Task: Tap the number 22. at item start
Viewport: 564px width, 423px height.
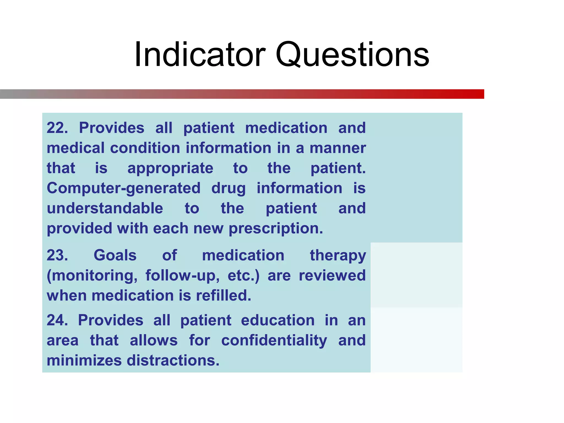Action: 57,128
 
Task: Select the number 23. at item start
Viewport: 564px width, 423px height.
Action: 57,255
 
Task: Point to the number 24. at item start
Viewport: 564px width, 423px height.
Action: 57,320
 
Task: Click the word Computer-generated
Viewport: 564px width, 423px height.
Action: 124,189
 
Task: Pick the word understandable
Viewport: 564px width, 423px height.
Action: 105,208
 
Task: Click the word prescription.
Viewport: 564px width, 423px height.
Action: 276,229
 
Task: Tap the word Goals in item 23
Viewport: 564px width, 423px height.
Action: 115,255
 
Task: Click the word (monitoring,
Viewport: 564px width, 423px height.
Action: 92,276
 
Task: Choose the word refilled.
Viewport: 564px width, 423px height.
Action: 224,295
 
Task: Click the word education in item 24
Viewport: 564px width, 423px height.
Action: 278,320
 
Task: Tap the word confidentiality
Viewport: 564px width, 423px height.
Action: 274,341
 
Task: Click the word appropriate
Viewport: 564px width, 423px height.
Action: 170,169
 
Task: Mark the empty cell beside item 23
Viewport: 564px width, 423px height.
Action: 416,275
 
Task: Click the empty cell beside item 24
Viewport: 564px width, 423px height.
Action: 416,340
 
